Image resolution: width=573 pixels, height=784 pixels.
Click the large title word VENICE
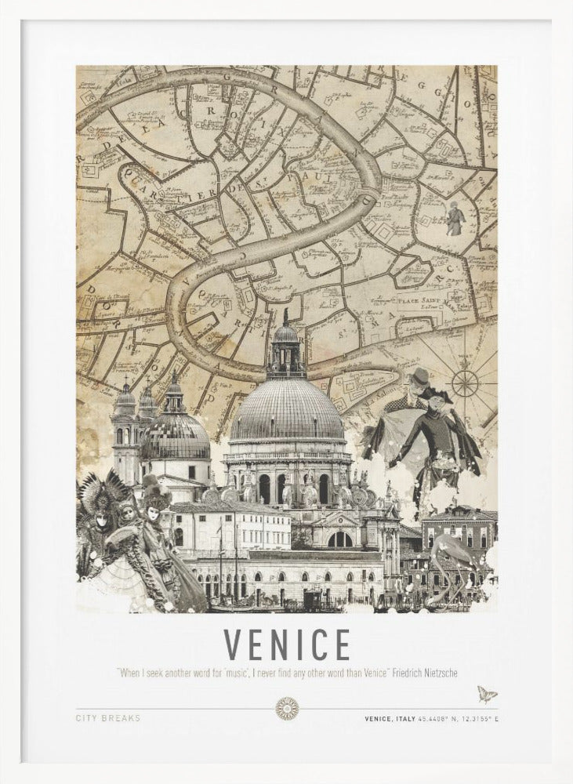[x=287, y=645]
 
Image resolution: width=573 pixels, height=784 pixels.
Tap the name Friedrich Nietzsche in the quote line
[x=425, y=673]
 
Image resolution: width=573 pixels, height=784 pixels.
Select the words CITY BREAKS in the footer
[x=108, y=718]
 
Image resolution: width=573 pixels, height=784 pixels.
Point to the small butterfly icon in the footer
[x=486, y=694]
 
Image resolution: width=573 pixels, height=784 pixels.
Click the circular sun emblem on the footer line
[x=287, y=709]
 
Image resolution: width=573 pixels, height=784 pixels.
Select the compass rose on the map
[x=466, y=383]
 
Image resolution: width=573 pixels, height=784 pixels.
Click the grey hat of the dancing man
[x=421, y=376]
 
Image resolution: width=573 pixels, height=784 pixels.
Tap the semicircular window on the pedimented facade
[x=340, y=539]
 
